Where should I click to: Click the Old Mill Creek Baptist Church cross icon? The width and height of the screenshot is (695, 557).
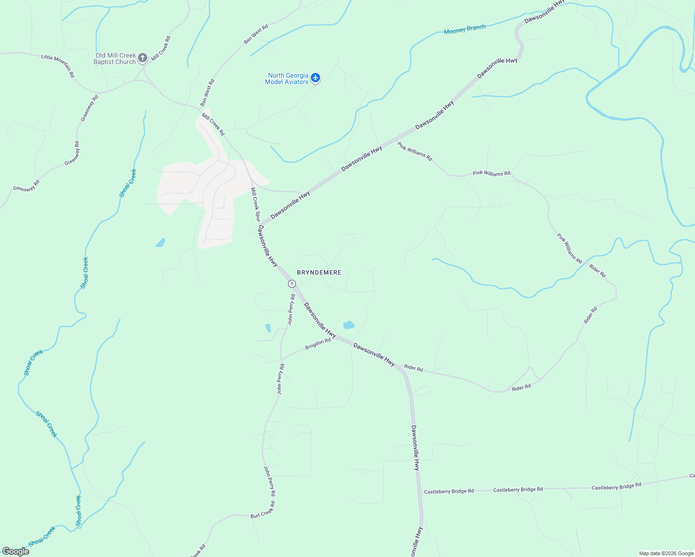point(143,58)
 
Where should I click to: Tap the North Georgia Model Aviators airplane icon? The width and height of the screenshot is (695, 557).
point(315,78)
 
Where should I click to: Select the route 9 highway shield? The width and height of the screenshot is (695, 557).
point(291,284)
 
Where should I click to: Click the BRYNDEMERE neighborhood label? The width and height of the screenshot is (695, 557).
point(319,272)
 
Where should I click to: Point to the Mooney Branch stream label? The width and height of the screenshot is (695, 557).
point(465,29)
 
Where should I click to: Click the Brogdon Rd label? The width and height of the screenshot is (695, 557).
point(318,344)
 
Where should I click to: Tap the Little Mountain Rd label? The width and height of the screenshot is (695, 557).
point(58,65)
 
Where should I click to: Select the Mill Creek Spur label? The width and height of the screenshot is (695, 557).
point(255,205)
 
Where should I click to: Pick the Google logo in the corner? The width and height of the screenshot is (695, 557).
point(16,551)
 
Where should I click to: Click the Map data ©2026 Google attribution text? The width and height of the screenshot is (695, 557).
point(666,553)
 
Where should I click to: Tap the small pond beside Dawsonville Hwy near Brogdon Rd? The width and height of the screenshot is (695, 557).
point(348,325)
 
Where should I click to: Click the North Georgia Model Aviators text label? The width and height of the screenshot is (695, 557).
point(287,78)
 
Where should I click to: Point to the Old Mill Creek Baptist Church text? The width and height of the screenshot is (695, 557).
point(115,58)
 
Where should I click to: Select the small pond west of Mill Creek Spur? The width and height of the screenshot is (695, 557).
point(160,242)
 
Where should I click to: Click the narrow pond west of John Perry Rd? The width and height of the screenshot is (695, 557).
point(268,328)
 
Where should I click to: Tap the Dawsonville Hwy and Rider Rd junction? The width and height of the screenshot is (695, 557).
point(398,367)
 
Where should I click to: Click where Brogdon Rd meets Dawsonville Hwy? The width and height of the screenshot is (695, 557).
point(335,337)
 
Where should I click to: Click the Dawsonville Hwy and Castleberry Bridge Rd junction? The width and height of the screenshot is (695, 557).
point(420,491)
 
